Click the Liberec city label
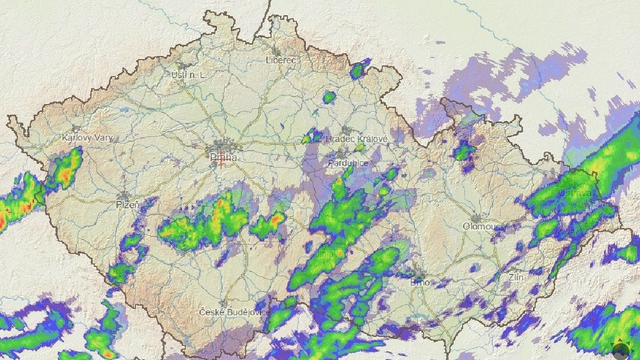[282, 60]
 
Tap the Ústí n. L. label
[188, 75]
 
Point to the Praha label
[222, 157]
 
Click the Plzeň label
[128, 204]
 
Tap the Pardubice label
[349, 163]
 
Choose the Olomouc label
[483, 227]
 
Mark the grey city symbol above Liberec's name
[277, 50]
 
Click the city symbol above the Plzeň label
[124, 195]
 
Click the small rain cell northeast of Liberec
[358, 70]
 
